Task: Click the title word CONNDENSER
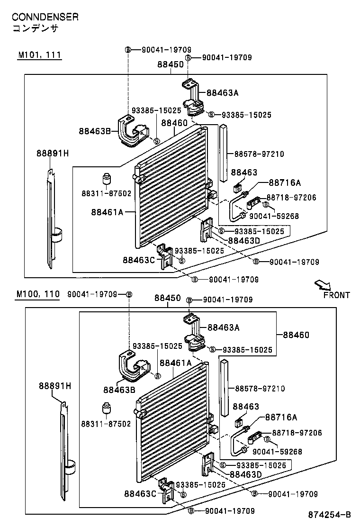(45, 17)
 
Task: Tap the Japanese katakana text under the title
(35, 28)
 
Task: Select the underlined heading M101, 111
(40, 55)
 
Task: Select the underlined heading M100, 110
(38, 294)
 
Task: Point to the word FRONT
(337, 295)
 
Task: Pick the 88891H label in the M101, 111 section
(53, 153)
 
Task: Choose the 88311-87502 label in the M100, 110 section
(106, 424)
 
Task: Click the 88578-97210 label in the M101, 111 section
(259, 154)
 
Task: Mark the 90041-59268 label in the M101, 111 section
(274, 216)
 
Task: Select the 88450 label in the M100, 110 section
(168, 298)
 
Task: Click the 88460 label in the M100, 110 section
(296, 335)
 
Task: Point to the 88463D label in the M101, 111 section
(244, 240)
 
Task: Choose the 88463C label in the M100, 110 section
(139, 494)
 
